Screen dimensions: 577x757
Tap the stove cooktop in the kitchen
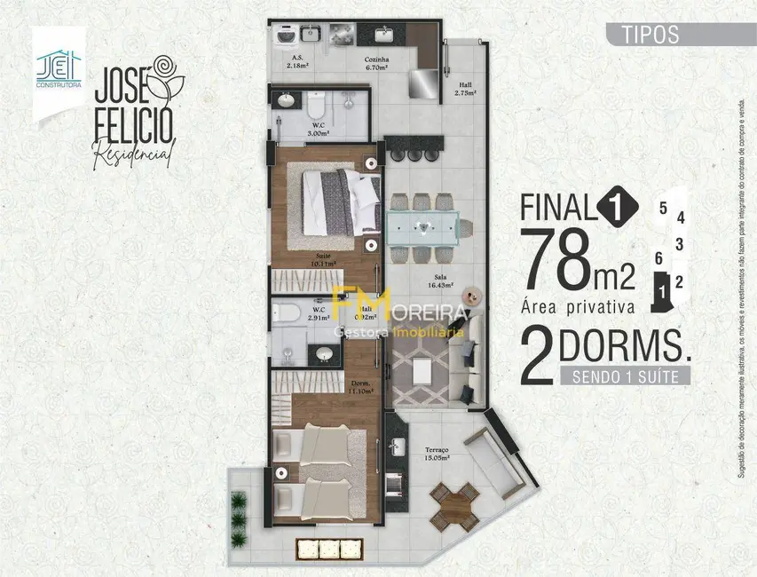tap(342, 35)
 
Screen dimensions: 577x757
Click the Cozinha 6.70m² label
tap(376, 64)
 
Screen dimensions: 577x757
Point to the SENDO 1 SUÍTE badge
tap(625, 375)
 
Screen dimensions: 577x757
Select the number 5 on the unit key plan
tap(663, 209)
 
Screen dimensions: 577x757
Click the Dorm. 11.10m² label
tap(359, 386)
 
